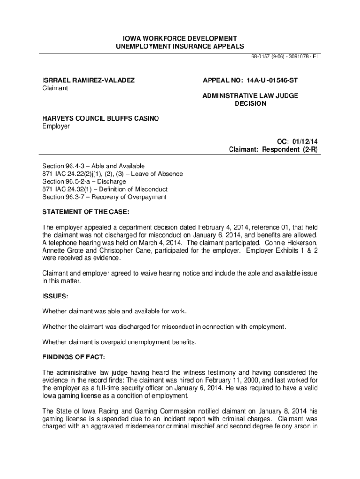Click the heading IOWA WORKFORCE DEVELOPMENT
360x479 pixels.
(180, 38)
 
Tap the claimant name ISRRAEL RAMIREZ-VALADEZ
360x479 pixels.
(88, 80)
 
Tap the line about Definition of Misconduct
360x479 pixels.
(105, 189)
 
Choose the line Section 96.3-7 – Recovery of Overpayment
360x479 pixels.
(104, 197)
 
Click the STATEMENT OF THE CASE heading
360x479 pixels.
(86, 211)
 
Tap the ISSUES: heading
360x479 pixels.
(56, 296)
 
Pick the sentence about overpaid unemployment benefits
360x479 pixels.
(119, 341)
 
